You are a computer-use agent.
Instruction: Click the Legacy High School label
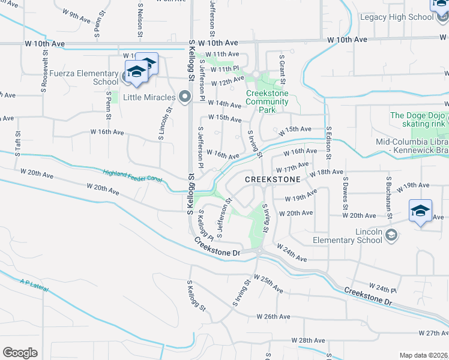tap(396, 17)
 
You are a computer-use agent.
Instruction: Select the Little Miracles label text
tap(149, 97)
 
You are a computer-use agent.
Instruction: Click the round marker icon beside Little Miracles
tap(185, 97)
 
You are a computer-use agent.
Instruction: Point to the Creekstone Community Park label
tap(267, 102)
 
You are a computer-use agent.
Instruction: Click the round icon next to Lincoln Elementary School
tap(392, 233)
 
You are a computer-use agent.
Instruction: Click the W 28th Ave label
tap(311, 340)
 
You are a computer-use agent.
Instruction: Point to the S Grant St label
tap(282, 68)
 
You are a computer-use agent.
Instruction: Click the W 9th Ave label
tap(76, 13)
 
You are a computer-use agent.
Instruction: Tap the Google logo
tap(20, 352)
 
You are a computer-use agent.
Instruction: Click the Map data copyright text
tap(423, 355)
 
